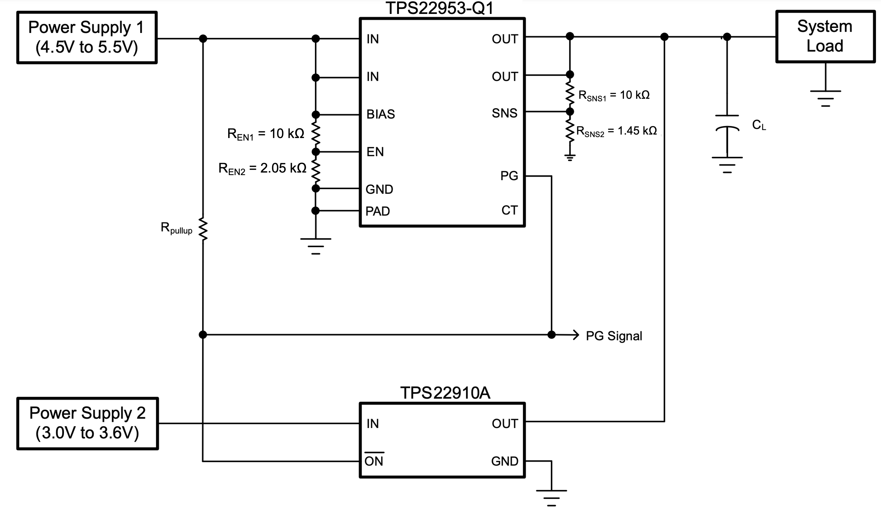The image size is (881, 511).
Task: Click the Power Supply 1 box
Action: (x=87, y=37)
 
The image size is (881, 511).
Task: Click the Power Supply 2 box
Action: (x=87, y=423)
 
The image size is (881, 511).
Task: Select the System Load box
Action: (x=825, y=36)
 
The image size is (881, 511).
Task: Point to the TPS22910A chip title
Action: (x=445, y=393)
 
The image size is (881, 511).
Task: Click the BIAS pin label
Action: (x=380, y=114)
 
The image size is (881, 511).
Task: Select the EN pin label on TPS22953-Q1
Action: (x=375, y=152)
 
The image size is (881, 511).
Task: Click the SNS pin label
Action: (x=504, y=113)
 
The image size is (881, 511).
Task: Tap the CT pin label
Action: (x=509, y=210)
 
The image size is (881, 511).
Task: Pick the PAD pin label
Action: (x=377, y=211)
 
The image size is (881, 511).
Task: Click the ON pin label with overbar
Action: (x=374, y=461)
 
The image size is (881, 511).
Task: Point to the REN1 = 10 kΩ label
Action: (x=266, y=134)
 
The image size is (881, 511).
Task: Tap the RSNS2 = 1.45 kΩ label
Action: (x=616, y=131)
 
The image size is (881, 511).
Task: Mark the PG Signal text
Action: (x=614, y=336)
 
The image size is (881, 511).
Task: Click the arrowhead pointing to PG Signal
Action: (x=575, y=335)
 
